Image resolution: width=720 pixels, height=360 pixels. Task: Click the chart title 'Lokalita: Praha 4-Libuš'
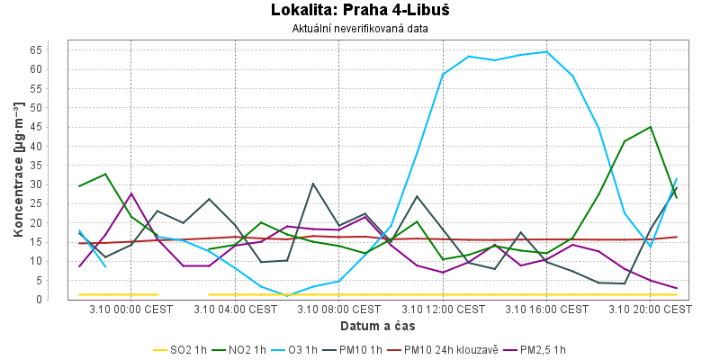(x=360, y=11)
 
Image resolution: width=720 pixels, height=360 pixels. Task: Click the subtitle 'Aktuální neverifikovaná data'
(x=360, y=29)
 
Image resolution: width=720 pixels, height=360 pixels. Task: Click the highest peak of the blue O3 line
(x=546, y=51)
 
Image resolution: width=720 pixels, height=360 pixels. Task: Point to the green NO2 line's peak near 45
(x=650, y=127)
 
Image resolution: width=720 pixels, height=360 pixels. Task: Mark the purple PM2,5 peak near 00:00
(x=131, y=193)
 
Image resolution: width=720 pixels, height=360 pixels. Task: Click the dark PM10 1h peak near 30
(x=313, y=184)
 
